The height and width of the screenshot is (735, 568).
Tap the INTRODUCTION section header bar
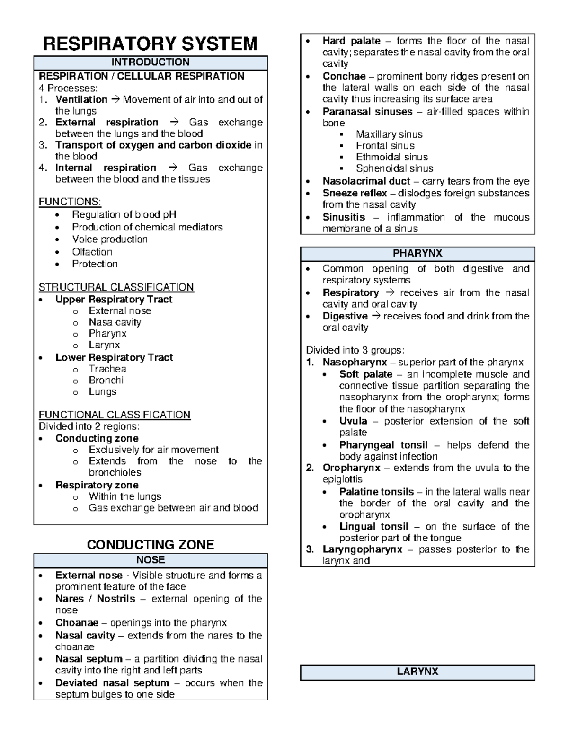150,62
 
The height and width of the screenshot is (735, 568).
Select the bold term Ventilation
81,99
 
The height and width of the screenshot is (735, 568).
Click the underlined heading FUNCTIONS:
70,202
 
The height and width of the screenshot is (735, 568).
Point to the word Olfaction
92,252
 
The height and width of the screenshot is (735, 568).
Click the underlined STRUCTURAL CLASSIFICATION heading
116,287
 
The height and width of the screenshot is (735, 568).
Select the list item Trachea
107,369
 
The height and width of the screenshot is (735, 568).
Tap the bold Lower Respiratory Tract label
114,357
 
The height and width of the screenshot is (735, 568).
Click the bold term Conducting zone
97,438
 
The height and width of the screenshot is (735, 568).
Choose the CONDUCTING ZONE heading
150,545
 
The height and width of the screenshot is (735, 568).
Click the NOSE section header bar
150,560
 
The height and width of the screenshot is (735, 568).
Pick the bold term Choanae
77,623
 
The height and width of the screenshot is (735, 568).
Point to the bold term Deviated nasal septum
112,683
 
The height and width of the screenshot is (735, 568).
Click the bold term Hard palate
351,41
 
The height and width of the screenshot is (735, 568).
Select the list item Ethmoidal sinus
391,157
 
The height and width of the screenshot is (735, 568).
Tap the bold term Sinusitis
344,217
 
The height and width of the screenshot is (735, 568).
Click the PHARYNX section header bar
417,253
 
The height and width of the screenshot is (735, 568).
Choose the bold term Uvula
353,421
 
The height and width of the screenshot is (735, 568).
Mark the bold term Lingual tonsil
373,527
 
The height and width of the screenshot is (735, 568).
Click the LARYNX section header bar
417,672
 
